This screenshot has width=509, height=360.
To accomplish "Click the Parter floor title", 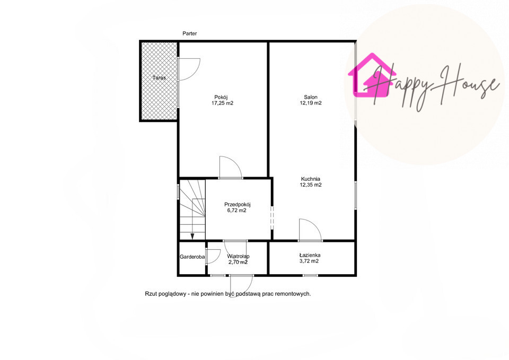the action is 190,33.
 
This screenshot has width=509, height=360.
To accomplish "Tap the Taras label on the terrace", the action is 160,78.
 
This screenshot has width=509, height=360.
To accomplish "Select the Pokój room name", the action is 221,98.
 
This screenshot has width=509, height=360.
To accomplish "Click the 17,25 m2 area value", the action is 222,103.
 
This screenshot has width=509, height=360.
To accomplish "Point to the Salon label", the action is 311,97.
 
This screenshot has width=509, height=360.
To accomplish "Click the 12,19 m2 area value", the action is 311,103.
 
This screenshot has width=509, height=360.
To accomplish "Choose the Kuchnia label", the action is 311,179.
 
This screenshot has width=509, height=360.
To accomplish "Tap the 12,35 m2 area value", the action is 311,185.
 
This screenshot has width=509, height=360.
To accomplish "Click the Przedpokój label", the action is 238,205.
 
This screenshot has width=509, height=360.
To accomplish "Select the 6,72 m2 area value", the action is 237,210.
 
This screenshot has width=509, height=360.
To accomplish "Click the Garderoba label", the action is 192,257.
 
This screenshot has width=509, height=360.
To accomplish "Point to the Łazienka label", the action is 310,255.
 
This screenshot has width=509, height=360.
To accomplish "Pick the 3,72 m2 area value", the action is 309,261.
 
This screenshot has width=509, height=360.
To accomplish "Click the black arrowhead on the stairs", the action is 192,236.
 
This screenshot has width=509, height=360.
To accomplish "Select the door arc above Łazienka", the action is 315,225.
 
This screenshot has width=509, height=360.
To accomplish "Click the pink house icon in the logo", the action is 372,76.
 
